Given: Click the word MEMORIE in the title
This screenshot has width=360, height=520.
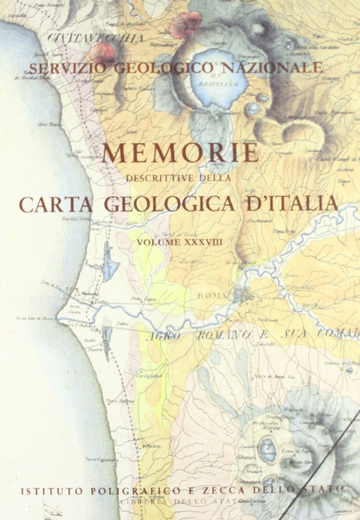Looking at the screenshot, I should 180,153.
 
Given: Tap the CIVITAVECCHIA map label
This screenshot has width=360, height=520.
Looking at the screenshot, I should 96,38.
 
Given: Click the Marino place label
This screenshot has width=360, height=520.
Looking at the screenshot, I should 268,428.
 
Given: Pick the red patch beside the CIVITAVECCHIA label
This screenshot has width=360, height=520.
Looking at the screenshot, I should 102,52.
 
